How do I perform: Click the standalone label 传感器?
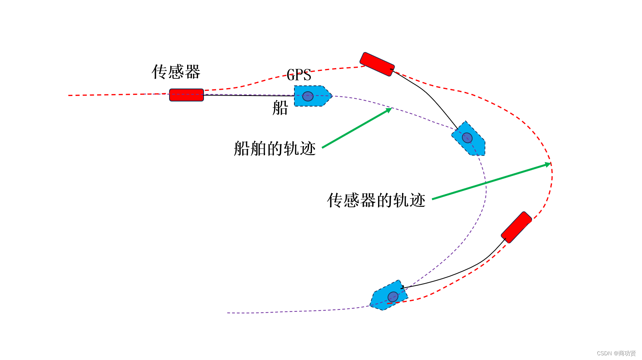click(x=176, y=72)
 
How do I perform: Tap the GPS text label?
click(x=299, y=75)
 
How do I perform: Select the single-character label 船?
click(x=280, y=108)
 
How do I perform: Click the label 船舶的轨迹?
click(x=274, y=148)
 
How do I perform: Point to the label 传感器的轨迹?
click(x=376, y=200)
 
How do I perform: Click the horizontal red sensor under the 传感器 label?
click(x=186, y=95)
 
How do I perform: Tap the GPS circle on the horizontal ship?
click(x=308, y=96)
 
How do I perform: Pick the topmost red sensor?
click(x=377, y=64)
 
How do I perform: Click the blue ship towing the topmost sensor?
click(x=469, y=139)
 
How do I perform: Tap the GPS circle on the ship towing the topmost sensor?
click(x=467, y=137)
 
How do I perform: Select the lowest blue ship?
click(x=389, y=296)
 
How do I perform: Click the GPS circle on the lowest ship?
click(x=393, y=297)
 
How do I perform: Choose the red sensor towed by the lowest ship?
click(x=516, y=227)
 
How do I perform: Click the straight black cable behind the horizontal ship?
click(x=249, y=95)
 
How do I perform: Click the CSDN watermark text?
click(x=616, y=353)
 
